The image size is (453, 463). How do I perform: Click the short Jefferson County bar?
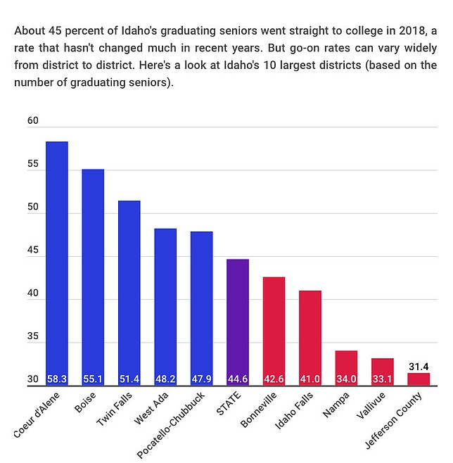click(x=419, y=379)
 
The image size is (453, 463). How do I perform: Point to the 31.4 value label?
click(x=419, y=367)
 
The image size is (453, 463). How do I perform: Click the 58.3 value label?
click(x=57, y=379)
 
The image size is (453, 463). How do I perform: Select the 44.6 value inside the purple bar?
click(x=238, y=379)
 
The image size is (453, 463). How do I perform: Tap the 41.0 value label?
click(x=310, y=379)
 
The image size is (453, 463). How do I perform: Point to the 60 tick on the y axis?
click(x=32, y=121)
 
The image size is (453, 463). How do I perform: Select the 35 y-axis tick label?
click(x=32, y=337)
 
